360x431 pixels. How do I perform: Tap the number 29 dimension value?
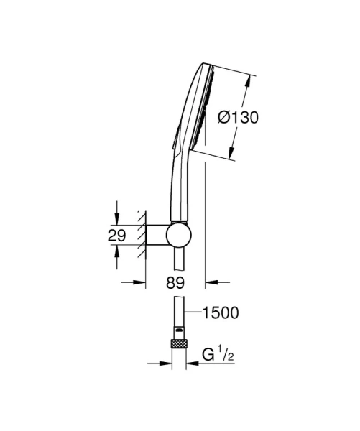click(118, 235)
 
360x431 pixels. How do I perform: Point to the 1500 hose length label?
click(221, 312)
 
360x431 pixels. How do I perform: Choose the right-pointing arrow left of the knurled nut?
click(165, 363)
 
